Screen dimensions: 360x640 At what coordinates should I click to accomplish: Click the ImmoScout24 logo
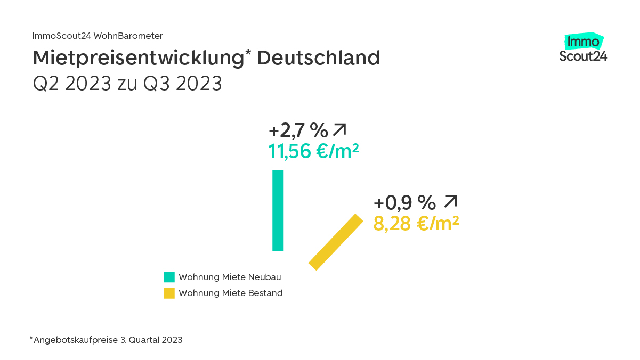tap(584, 48)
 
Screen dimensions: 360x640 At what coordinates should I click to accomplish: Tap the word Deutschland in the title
tap(319, 58)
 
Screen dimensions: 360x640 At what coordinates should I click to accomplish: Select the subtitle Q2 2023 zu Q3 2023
tap(127, 84)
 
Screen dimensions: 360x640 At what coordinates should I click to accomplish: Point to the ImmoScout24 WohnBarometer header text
tap(98, 36)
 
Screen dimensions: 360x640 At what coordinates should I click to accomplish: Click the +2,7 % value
tap(298, 130)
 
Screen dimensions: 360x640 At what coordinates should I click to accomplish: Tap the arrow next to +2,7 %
tap(339, 129)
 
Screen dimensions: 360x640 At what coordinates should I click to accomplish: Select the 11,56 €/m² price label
tap(313, 151)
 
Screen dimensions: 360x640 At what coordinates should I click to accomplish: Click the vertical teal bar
tap(278, 210)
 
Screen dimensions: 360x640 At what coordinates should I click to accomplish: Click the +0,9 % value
tap(405, 203)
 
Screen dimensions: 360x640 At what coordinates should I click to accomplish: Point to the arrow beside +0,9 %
tap(451, 202)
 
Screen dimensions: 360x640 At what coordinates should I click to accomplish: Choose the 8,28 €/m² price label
tap(416, 224)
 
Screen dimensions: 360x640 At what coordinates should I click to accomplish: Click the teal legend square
tap(169, 277)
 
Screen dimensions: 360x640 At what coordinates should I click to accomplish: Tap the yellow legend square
tap(169, 293)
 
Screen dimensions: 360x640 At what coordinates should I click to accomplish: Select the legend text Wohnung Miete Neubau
tap(230, 277)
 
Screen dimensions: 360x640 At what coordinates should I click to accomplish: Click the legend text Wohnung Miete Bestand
tap(230, 293)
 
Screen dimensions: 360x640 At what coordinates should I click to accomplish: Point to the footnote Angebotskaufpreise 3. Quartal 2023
tap(108, 340)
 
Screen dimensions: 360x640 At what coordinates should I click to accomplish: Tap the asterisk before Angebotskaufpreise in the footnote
tap(31, 338)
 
